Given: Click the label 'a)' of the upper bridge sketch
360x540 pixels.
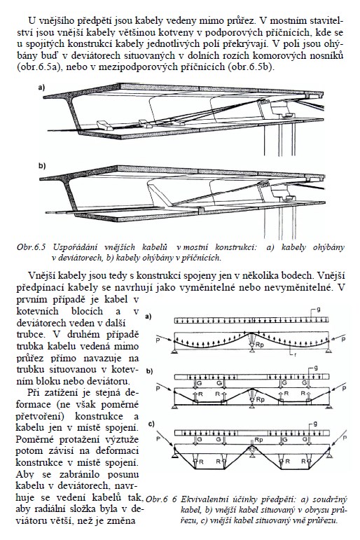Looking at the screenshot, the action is click(42, 88).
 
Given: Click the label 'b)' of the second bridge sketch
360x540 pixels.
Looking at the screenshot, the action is click(42, 166).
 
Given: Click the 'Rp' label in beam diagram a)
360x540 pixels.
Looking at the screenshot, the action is click(259, 345).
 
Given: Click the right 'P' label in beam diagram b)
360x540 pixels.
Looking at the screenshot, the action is click(343, 389).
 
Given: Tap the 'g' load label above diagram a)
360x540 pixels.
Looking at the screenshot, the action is click(318, 310).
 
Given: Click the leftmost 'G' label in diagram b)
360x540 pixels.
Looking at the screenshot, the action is click(200, 382).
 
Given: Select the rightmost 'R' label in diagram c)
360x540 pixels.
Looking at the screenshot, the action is click(303, 461).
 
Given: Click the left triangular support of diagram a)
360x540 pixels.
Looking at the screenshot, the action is click(175, 351).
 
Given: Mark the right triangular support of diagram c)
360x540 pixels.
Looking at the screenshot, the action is click(329, 456).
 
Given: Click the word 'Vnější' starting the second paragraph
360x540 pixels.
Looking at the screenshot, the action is click(41, 275).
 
